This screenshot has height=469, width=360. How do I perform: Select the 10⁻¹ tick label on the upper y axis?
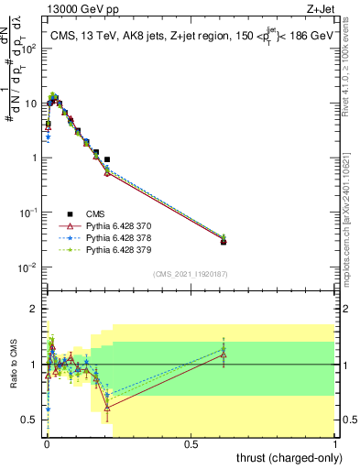(28, 213)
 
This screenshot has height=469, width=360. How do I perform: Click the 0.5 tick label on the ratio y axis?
(31, 420)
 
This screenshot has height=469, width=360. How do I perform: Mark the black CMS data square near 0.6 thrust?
(223, 242)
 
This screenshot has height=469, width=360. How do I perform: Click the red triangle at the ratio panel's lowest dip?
(107, 408)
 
